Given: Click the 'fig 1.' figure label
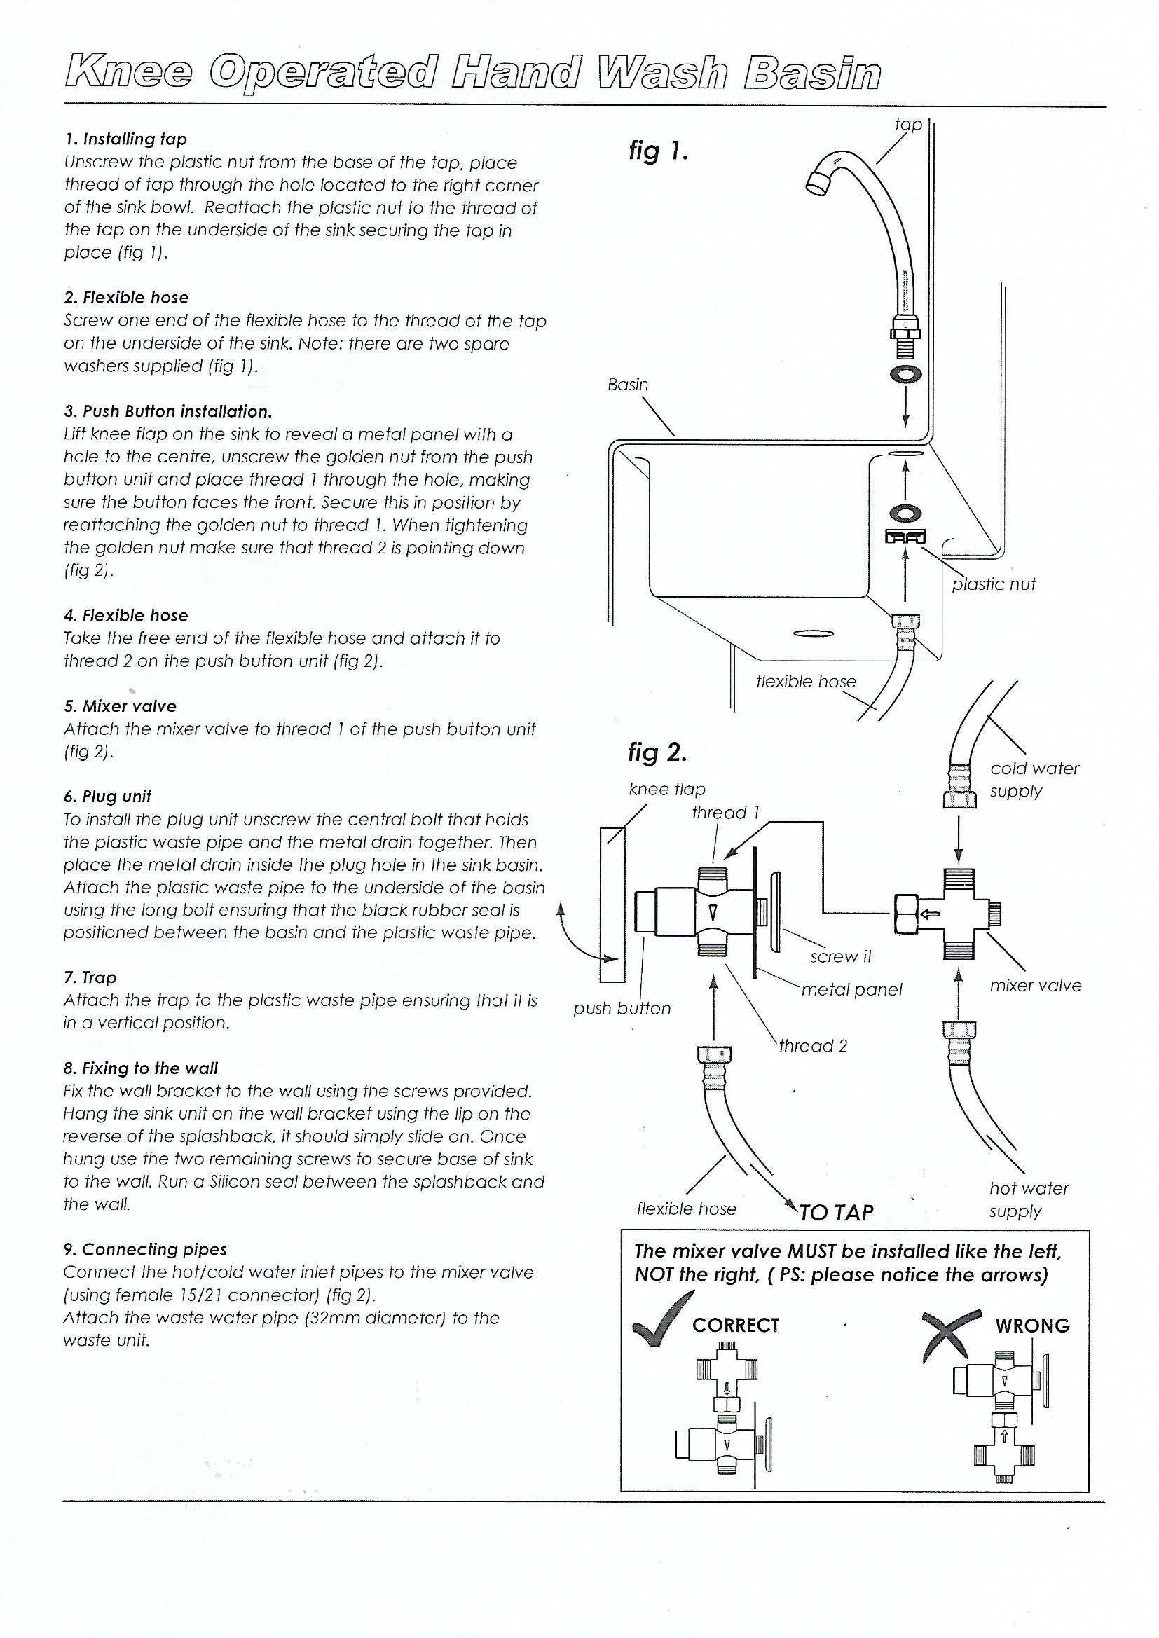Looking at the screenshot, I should point(657,152).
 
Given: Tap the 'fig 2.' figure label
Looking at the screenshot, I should point(657,752).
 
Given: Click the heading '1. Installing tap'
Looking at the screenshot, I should point(125,139).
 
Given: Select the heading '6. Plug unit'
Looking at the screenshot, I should point(107,797).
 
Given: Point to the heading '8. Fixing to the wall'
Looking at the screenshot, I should point(140,1068).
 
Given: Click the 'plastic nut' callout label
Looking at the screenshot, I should point(994,584).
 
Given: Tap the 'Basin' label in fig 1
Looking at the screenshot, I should point(627,385).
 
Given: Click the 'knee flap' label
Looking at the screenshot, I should point(666,789).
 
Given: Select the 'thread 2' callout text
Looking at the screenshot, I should point(813,1046).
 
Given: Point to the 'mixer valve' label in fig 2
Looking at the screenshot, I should point(1035,985).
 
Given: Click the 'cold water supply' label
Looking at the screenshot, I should point(1034,780).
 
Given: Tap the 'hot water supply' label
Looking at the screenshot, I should point(1029,1199).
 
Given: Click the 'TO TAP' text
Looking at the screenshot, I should point(836,1213).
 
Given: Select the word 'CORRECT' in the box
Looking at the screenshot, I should point(736,1326).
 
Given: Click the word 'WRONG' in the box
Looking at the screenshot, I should point(1032,1326).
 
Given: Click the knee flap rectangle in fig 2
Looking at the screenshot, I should point(612,904).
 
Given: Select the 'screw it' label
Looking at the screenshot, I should point(841,957).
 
